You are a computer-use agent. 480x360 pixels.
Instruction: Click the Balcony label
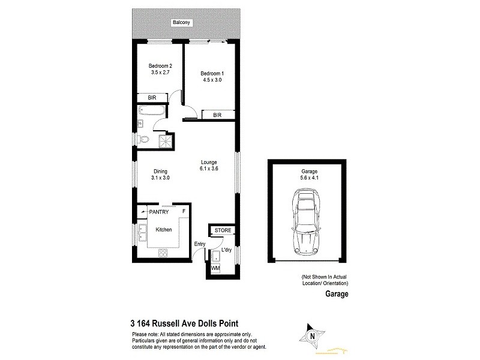(181, 23)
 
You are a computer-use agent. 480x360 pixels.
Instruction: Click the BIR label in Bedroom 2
(145, 98)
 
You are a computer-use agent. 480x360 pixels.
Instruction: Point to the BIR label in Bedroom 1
(218, 114)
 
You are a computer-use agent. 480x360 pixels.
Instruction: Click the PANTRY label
(159, 212)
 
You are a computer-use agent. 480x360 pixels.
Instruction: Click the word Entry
(200, 244)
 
